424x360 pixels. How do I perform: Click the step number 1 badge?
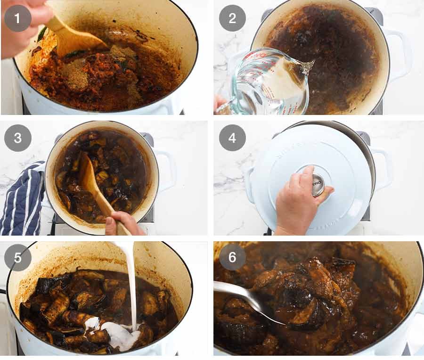(x=18, y=18)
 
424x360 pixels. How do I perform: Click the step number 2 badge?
(x=232, y=18)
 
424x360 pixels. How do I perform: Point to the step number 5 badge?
(x=18, y=258)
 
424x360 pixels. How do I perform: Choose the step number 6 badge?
(x=232, y=258)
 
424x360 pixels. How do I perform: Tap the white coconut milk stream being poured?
(x=132, y=283)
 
